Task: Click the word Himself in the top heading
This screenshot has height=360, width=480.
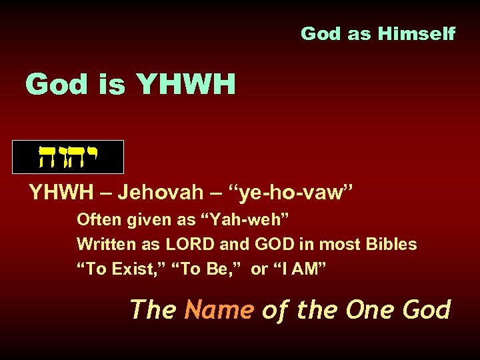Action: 419,33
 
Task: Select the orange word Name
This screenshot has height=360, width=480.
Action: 219,309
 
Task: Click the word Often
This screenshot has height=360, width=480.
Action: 97,219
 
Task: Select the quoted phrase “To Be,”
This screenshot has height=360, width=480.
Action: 211,269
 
